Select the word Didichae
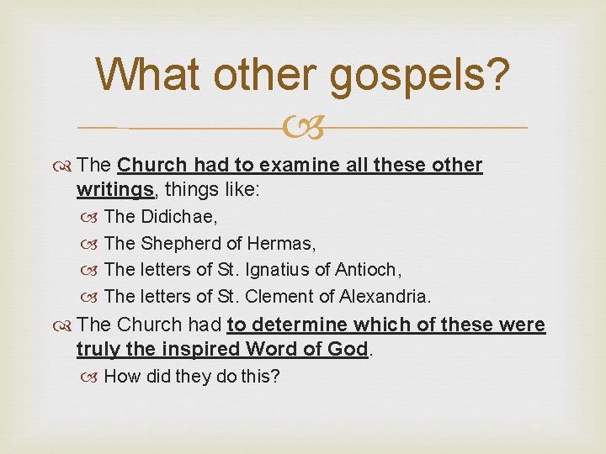tap(178, 216)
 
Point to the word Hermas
tap(285, 243)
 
